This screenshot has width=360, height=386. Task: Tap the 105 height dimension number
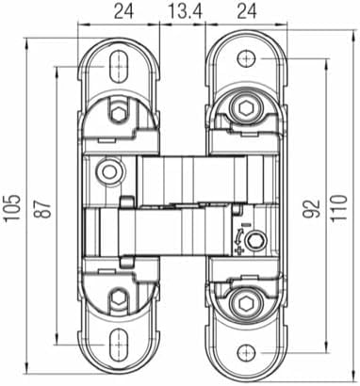(12, 208)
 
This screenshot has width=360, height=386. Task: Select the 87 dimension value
(44, 209)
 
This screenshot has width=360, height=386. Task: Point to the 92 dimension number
(313, 208)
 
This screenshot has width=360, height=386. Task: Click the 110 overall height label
(339, 208)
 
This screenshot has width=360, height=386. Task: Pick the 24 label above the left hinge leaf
(123, 12)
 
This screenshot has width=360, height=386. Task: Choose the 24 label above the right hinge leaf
(247, 12)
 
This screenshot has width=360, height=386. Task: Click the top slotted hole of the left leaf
(119, 66)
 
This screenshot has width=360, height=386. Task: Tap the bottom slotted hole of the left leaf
(119, 345)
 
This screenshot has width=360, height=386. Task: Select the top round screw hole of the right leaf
(246, 58)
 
